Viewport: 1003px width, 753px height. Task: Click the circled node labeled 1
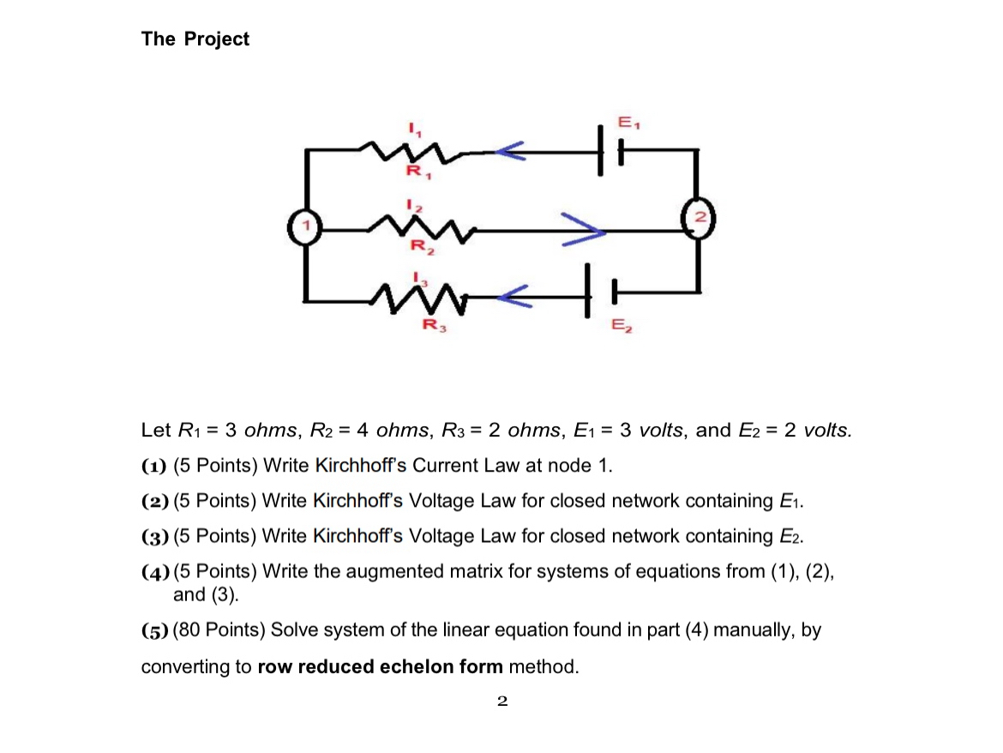coord(303,228)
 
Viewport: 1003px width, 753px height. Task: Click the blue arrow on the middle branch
coord(584,230)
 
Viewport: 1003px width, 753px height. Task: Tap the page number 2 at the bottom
coord(502,702)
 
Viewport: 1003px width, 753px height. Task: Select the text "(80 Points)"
coord(219,630)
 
